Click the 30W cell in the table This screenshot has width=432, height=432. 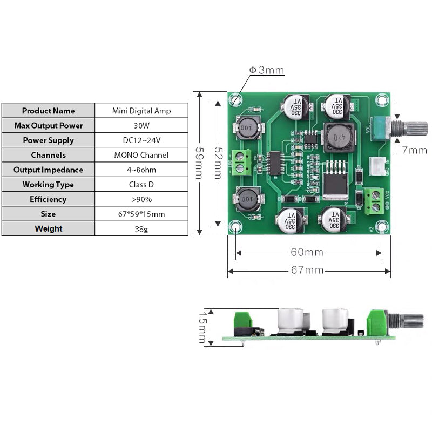(x=141, y=125)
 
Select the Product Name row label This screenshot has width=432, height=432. (x=48, y=111)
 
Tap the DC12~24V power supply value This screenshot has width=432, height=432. (x=141, y=140)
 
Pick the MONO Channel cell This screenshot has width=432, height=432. (x=141, y=155)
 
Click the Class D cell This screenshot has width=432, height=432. (x=141, y=185)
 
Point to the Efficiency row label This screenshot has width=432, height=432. (x=48, y=199)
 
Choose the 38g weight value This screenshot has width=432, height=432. (x=141, y=229)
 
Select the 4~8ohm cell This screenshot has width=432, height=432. (x=141, y=170)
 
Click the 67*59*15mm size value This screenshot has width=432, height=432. (x=141, y=214)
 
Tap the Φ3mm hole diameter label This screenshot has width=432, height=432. (x=266, y=70)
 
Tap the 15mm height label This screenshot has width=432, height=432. (x=202, y=327)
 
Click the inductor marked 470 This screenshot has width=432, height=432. (x=337, y=136)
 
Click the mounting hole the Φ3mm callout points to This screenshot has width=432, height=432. (x=235, y=100)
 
